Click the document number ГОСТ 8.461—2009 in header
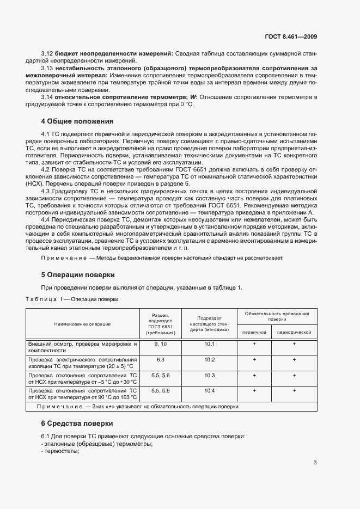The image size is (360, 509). tap(291, 37)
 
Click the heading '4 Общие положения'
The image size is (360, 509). tap(77, 121)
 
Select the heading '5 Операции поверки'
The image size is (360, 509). tap(78, 274)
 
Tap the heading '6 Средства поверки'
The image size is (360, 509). tap(77, 422)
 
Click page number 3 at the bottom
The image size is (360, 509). tap(315, 463)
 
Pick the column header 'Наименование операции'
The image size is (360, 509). tap(82, 324)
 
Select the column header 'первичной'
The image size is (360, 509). tap(254, 332)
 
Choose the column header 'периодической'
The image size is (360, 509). tap(294, 332)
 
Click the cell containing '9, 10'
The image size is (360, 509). tap(160, 344)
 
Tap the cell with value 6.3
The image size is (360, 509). tap(160, 360)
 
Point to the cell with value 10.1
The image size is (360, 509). tap(210, 344)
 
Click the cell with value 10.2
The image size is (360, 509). tap(210, 360)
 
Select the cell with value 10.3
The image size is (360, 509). tap(210, 376)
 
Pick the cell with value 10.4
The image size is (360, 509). tap(210, 391)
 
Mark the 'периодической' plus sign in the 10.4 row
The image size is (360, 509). tap(294, 391)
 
